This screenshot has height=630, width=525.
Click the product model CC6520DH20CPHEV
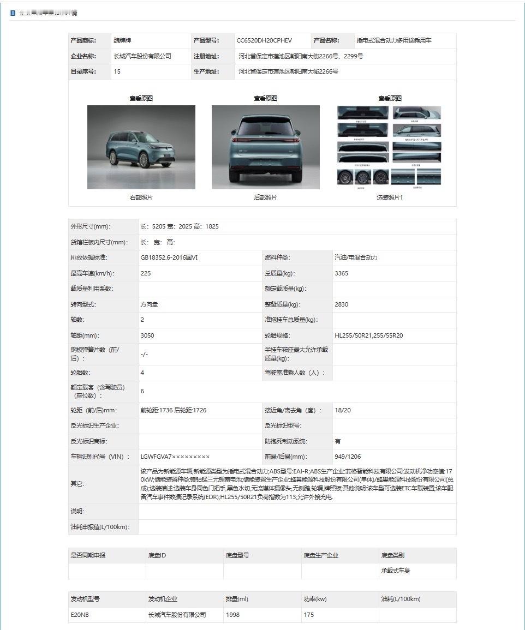coord(264,40)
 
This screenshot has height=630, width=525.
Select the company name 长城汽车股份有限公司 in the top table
coord(142,56)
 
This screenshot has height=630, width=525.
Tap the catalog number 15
coord(117,71)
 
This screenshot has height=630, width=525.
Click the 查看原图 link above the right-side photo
coord(141,98)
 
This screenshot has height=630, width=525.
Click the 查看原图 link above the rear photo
coord(265,98)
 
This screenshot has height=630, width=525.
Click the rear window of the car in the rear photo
coord(265,127)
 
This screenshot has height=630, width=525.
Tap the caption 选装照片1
coord(390,197)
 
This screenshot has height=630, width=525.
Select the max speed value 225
coord(146,273)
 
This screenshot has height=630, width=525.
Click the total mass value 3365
coord(341,273)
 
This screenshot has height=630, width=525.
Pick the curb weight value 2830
coord(341,304)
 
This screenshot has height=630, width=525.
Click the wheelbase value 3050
coord(147,335)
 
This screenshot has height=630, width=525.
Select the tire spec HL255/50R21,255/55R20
coord(368,335)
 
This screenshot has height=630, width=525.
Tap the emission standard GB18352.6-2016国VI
coord(169,257)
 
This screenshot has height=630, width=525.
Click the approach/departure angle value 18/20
coord(343,410)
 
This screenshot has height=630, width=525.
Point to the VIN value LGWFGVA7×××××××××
coord(175,457)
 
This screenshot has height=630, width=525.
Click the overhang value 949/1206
coord(347,457)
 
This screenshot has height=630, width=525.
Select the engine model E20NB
coord(80,615)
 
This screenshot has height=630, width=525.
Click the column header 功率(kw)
coord(315,599)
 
